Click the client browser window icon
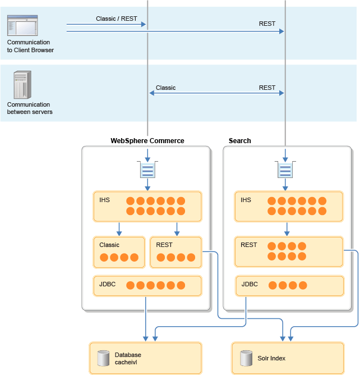tap(21, 26)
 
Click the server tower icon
tap(21, 85)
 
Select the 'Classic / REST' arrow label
tap(117, 19)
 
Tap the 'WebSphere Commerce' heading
tap(147, 140)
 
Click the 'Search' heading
tap(240, 140)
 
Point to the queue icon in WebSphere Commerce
tap(147, 169)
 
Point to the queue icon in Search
tap(286, 169)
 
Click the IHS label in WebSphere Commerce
tap(105, 200)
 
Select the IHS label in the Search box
tap(246, 200)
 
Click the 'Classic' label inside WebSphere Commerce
tap(109, 245)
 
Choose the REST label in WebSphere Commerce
tap(164, 245)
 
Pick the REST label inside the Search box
tap(248, 245)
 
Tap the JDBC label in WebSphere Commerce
tap(107, 284)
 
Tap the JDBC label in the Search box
tap(250, 284)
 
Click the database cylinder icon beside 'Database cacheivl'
tap(103, 358)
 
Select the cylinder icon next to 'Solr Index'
tap(246, 358)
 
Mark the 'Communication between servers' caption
tap(29, 108)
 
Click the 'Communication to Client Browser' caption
tap(30, 46)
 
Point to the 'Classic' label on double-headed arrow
tap(165, 88)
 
